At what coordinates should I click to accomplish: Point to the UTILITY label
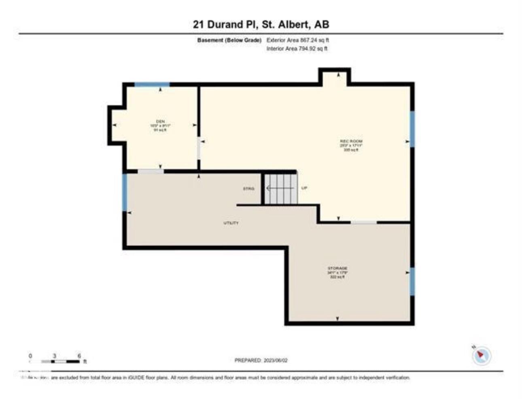click(x=231, y=223)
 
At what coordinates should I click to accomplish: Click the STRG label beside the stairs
click(x=248, y=189)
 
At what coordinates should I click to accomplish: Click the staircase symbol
click(x=281, y=189)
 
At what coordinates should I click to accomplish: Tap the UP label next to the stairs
click(x=304, y=188)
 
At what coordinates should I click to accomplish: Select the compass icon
click(x=481, y=355)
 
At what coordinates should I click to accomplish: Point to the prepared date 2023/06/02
click(x=261, y=360)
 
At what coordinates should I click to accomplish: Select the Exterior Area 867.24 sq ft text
click(x=297, y=40)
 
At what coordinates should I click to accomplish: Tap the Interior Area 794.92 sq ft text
click(x=297, y=49)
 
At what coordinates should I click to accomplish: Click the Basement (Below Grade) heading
click(x=229, y=40)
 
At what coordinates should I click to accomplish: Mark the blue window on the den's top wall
click(x=152, y=85)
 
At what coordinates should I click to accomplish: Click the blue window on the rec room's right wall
click(x=412, y=129)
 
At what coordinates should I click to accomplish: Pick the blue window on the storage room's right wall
click(x=412, y=281)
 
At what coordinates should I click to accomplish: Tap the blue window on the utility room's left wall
click(x=125, y=192)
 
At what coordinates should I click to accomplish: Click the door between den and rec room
click(x=199, y=149)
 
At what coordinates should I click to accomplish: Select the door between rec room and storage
click(x=363, y=222)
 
